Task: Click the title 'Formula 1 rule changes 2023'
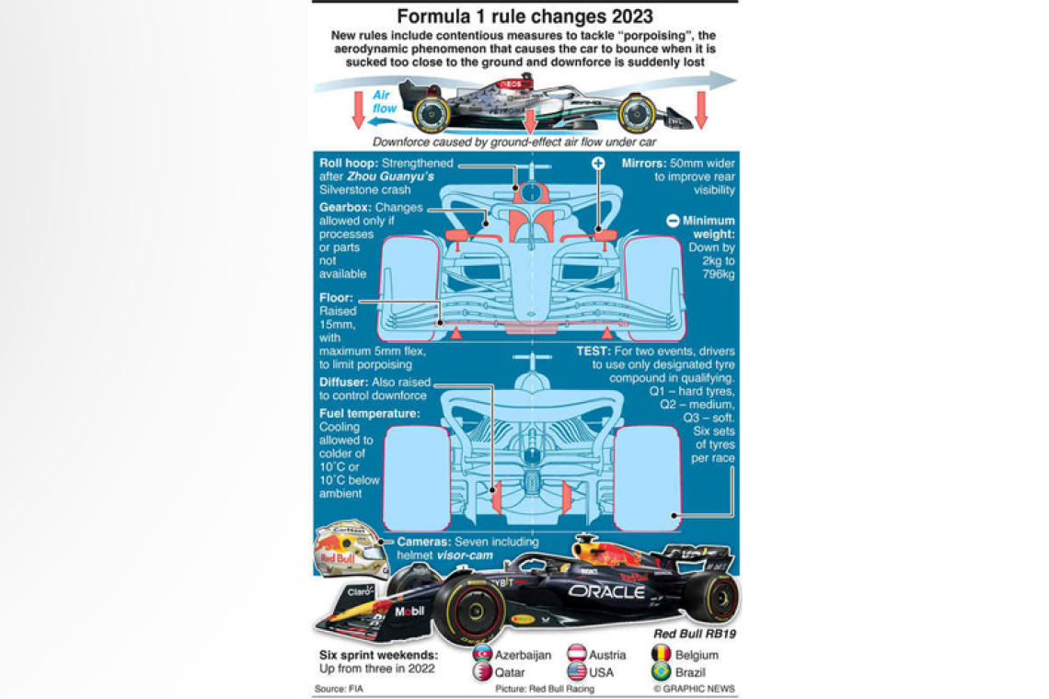(524, 17)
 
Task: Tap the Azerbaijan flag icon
(482, 654)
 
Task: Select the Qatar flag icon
(482, 672)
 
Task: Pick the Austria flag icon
(577, 654)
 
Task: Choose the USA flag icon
(577, 672)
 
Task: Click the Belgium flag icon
(662, 654)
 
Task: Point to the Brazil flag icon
(662, 672)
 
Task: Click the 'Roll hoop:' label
(349, 163)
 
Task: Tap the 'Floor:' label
(336, 298)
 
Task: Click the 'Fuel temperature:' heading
(369, 414)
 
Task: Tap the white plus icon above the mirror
(598, 164)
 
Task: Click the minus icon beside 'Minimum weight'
(673, 221)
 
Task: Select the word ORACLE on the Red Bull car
(605, 591)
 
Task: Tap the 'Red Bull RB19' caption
(695, 634)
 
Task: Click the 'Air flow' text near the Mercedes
(385, 102)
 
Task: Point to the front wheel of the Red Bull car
(469, 612)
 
